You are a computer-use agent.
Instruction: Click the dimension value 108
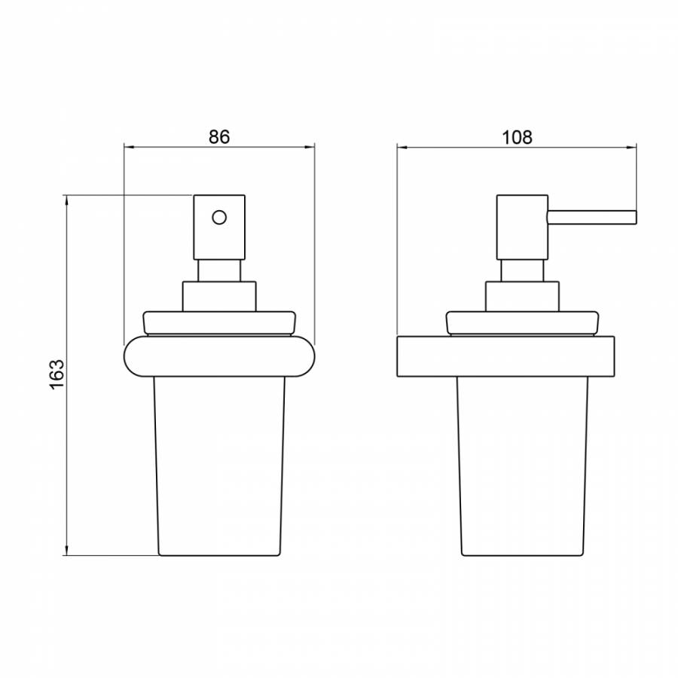tap(517, 138)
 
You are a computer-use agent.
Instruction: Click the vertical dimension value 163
tap(56, 374)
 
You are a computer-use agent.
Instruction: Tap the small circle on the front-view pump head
tap(219, 217)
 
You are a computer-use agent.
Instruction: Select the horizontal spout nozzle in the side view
tap(592, 218)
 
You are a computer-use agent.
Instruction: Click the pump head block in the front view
tap(219, 228)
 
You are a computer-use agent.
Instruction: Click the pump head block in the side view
tap(522, 228)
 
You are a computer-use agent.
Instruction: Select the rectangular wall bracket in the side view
tap(505, 356)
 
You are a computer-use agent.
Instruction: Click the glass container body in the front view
tap(220, 466)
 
